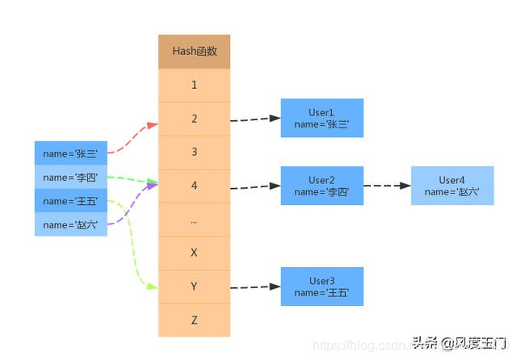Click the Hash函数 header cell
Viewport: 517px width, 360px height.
(x=194, y=51)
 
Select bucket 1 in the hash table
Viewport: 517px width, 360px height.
(x=194, y=85)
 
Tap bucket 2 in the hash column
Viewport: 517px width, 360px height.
(x=194, y=119)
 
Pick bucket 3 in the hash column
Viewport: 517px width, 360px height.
(x=194, y=152)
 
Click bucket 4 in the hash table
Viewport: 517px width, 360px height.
(x=194, y=186)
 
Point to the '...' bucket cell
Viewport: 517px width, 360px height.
(x=194, y=220)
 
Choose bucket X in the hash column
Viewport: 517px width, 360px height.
(x=194, y=253)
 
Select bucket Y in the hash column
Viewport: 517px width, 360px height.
(x=194, y=287)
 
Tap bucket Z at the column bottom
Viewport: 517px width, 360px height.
(x=194, y=320)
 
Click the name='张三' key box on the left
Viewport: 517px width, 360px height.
(x=70, y=153)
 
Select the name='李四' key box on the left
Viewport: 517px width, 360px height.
(x=70, y=177)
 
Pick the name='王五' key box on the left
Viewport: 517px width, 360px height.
(x=70, y=201)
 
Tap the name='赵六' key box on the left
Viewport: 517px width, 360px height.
(x=70, y=224)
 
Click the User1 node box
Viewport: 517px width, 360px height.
(x=322, y=118)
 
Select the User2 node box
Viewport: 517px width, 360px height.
(x=322, y=186)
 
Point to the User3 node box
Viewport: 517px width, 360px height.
(x=322, y=287)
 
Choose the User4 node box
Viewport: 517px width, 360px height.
(x=452, y=186)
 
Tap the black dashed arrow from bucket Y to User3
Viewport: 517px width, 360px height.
(x=254, y=287)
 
